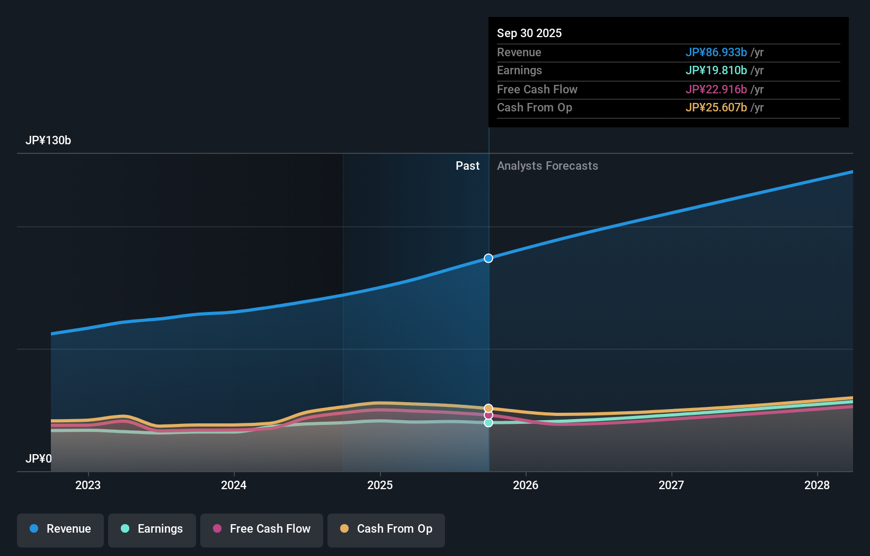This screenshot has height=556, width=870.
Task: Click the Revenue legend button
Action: pyautogui.click(x=60, y=529)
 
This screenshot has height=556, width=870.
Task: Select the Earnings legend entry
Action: pyautogui.click(x=152, y=529)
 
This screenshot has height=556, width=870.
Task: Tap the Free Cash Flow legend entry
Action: pyautogui.click(x=262, y=529)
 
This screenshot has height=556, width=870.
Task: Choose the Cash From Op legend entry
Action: pyautogui.click(x=386, y=529)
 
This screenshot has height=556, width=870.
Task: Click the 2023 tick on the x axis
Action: pyautogui.click(x=88, y=485)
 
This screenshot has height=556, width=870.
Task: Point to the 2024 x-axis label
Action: pyautogui.click(x=234, y=485)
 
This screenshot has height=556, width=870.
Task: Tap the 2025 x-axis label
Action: pyautogui.click(x=380, y=485)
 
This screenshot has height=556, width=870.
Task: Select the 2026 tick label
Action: pyautogui.click(x=526, y=485)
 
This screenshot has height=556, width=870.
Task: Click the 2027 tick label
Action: pyautogui.click(x=671, y=485)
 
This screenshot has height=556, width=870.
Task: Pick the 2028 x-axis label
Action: pyautogui.click(x=817, y=485)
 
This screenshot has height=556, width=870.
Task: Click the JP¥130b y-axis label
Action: pyautogui.click(x=48, y=141)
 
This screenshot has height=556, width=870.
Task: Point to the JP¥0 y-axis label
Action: pyautogui.click(x=39, y=458)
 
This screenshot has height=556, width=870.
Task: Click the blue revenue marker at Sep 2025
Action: pyautogui.click(x=489, y=258)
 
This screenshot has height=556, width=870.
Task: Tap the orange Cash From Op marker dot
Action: pyautogui.click(x=489, y=408)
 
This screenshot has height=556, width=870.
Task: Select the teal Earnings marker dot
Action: pyautogui.click(x=489, y=423)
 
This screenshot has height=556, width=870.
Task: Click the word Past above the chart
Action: pyautogui.click(x=467, y=166)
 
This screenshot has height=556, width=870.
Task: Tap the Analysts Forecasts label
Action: pyautogui.click(x=547, y=166)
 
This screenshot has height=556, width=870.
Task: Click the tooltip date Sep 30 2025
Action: pyautogui.click(x=529, y=33)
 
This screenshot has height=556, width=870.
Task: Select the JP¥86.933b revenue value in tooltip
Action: pyautogui.click(x=716, y=53)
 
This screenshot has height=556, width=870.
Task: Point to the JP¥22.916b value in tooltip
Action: pyautogui.click(x=716, y=90)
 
